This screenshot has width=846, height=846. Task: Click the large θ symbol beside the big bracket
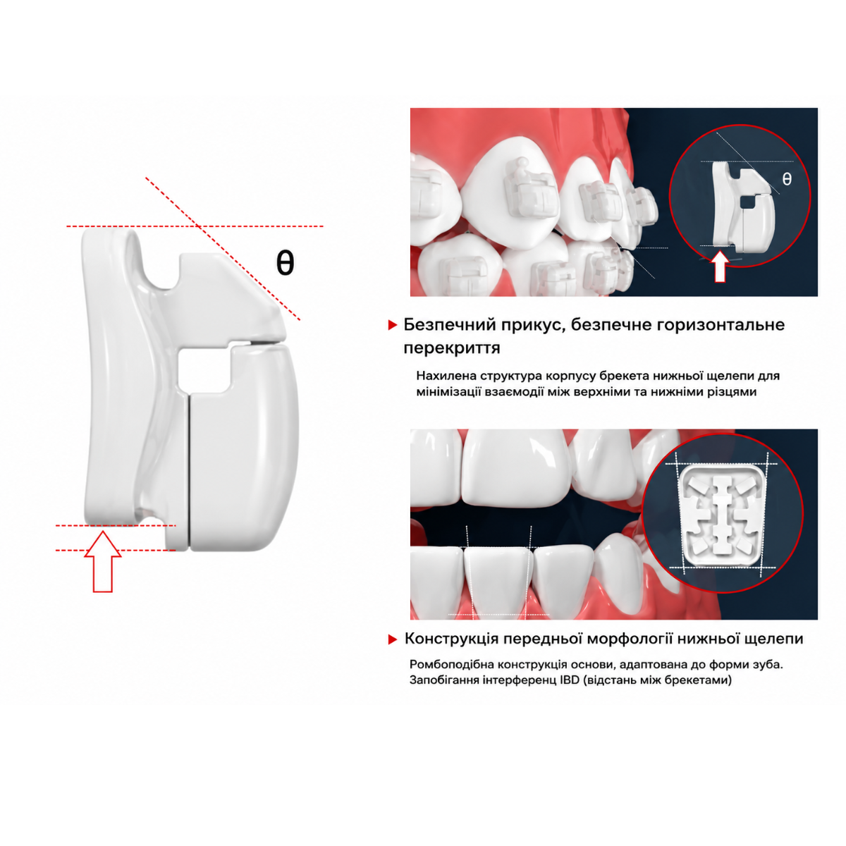coord(285,263)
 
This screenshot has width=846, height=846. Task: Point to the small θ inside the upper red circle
coord(787,179)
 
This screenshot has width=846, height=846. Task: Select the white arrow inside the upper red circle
coord(720,266)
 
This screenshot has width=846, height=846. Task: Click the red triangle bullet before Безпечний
coord(393,325)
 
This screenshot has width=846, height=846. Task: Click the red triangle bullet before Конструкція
coord(393,639)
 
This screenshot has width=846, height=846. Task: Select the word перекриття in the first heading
coord(452,348)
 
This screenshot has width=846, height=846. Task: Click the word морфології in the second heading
coord(629,639)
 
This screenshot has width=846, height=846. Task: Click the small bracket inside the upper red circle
coord(741,207)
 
